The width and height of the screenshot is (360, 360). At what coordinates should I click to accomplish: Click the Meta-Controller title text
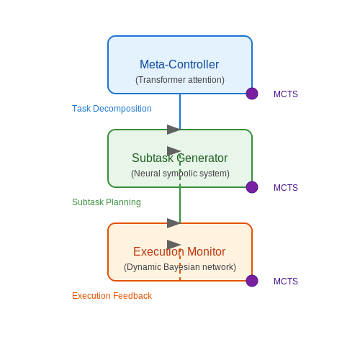point(179,64)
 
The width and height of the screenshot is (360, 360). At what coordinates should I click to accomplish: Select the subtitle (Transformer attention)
point(180,80)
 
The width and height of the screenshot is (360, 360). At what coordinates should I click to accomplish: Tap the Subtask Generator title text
point(179,158)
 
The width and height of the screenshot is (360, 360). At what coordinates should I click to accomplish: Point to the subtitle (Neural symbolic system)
point(180,174)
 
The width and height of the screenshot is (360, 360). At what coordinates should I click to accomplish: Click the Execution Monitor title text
point(179,251)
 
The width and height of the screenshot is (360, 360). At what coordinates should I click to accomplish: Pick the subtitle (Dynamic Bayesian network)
point(180,267)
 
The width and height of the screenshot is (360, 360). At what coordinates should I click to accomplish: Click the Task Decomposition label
point(112,109)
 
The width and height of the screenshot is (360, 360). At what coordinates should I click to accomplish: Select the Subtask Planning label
point(107,202)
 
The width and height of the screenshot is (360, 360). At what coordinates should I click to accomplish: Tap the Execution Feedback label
point(112,296)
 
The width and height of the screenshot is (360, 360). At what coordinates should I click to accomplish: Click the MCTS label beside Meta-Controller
point(286,94)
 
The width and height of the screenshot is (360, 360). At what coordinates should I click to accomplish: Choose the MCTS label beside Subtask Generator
point(286,188)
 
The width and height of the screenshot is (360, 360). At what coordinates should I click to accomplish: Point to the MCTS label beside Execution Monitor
point(286,282)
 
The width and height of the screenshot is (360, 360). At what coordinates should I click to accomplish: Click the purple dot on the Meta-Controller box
point(252,94)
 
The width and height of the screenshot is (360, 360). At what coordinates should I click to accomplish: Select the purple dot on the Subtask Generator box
point(252,187)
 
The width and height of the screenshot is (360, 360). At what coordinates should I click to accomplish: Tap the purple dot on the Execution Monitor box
point(252,281)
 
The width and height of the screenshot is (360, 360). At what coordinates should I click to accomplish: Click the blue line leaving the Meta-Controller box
point(180,112)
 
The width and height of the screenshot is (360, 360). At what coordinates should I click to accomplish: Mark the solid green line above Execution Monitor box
point(180,205)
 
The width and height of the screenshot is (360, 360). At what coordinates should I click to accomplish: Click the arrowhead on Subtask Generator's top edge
point(174,130)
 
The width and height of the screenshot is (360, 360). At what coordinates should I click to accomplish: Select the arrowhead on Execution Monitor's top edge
point(174,223)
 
